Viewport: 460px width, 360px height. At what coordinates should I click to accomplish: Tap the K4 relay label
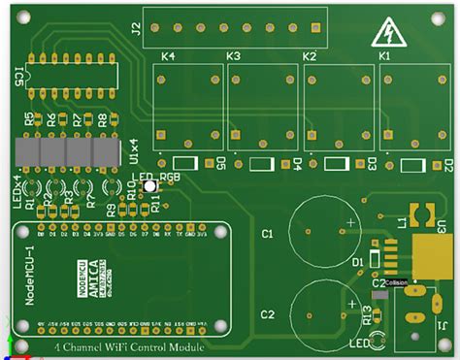tap(168, 57)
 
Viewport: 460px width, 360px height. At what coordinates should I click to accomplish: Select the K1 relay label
tap(384, 57)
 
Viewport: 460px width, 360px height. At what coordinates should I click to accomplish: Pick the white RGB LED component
tap(148, 189)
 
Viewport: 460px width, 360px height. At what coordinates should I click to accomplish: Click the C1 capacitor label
tap(268, 234)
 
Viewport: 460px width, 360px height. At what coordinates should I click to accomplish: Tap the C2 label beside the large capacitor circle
tap(268, 313)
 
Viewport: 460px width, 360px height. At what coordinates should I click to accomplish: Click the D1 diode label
tap(357, 262)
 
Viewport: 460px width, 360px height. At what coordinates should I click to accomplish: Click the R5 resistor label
tap(28, 120)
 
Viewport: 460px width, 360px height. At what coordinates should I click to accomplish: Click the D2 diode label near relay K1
tap(447, 165)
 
